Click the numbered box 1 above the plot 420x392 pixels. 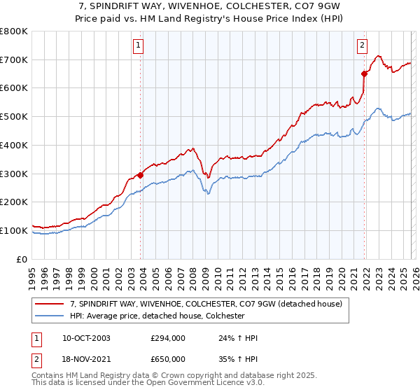click(x=138, y=46)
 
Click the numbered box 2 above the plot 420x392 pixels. click(x=362, y=46)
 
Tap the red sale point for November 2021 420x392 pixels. click(x=365, y=73)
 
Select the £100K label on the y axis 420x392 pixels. click(x=15, y=230)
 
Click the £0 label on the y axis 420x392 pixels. click(x=22, y=259)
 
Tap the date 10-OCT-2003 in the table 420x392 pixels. click(x=86, y=338)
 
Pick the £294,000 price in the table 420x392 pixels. click(x=167, y=338)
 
